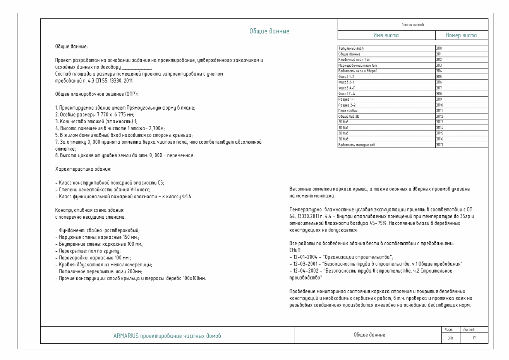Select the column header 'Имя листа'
point(386,36)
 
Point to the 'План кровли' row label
point(347,110)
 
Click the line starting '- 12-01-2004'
point(329,255)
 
